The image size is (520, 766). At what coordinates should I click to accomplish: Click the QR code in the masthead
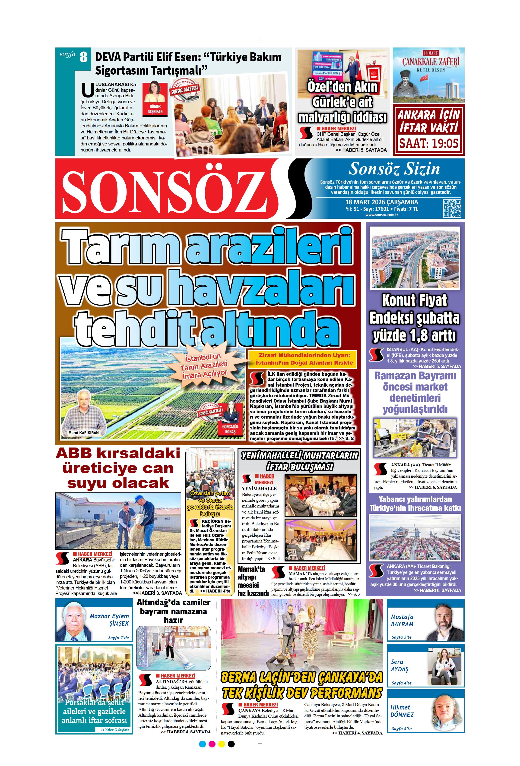[452, 208]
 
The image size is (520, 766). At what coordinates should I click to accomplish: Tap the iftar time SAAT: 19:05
[429, 143]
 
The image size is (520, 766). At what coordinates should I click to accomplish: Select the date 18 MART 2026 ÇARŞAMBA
[381, 202]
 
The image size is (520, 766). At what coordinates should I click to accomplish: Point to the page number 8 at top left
[83, 57]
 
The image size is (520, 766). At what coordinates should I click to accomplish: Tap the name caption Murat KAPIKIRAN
[83, 433]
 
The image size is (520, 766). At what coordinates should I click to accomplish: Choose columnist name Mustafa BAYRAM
[402, 620]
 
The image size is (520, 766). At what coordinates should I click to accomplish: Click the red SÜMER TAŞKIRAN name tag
[155, 109]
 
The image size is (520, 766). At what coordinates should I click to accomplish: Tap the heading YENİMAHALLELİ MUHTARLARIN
[299, 456]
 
